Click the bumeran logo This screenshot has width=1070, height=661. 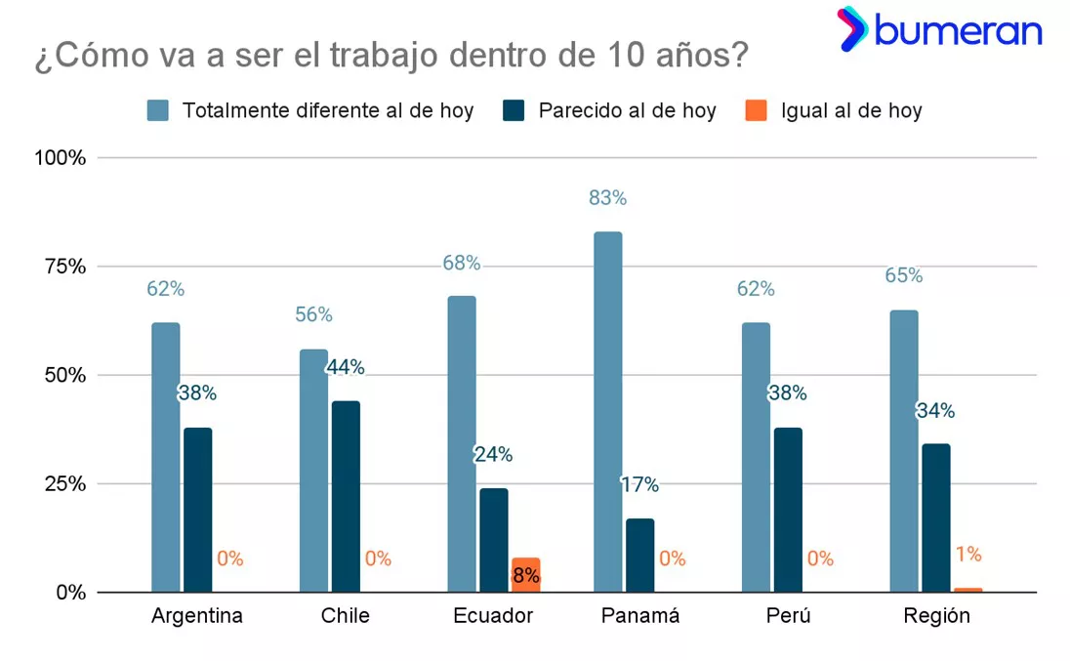click(x=939, y=30)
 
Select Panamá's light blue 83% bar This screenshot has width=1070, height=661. click(x=607, y=411)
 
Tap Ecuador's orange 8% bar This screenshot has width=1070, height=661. click(x=525, y=575)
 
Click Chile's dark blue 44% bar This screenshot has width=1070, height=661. click(x=346, y=496)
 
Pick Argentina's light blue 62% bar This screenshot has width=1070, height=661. click(x=166, y=457)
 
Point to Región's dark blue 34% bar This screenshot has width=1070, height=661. click(x=935, y=517)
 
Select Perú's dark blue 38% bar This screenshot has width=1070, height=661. click(x=787, y=509)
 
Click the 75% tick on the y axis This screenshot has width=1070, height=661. click(x=62, y=267)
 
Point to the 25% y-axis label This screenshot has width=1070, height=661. click(x=62, y=484)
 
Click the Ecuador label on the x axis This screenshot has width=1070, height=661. click(x=493, y=616)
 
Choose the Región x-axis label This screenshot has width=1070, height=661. click(x=936, y=616)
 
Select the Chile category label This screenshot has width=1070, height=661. click(x=345, y=616)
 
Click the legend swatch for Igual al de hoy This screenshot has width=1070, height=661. click(x=755, y=110)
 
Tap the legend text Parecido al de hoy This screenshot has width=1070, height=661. click(x=627, y=110)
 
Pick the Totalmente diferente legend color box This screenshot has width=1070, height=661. click(x=158, y=110)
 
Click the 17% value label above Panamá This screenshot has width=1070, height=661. click(x=639, y=484)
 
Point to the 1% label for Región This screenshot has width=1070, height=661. click(x=967, y=555)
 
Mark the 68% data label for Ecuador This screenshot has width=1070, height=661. click(x=461, y=264)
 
